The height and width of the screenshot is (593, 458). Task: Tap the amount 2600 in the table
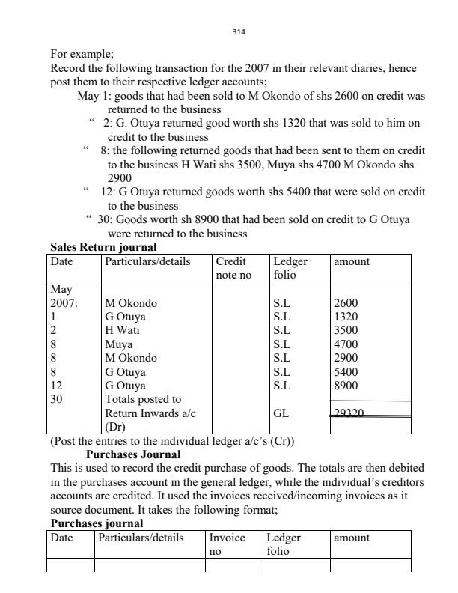pos(345,303)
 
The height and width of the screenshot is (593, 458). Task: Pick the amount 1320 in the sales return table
pos(345,317)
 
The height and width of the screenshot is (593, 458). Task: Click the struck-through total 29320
pos(349,412)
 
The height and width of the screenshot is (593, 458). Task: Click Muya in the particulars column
pos(118,344)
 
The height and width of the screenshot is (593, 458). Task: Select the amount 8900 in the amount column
pos(345,385)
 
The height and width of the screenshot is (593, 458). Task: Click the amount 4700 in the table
pos(345,344)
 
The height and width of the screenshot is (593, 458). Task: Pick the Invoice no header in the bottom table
pos(228,544)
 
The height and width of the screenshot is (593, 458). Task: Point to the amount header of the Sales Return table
pos(352,261)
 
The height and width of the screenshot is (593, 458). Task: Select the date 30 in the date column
pos(57,398)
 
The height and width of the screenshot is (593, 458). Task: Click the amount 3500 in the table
pos(345,330)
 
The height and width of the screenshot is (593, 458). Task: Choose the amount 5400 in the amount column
pos(345,371)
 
